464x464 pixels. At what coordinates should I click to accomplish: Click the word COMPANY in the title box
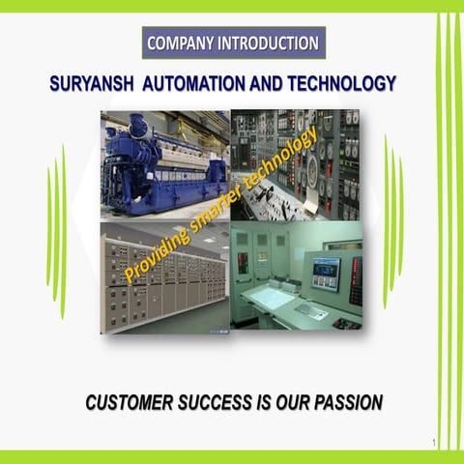(x=182, y=43)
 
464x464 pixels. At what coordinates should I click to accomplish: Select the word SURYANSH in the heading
(x=92, y=85)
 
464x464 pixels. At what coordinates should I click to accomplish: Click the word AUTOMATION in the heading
(x=193, y=85)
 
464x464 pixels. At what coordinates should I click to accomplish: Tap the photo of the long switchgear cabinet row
(x=164, y=280)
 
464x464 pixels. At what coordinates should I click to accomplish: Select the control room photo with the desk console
(x=297, y=280)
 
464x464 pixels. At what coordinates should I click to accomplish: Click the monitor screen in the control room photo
(x=325, y=273)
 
